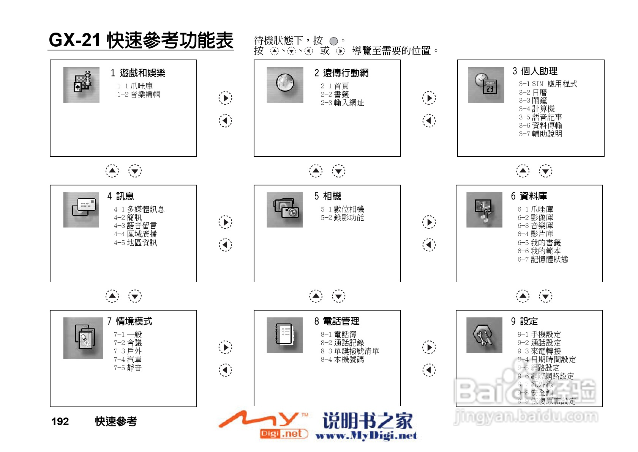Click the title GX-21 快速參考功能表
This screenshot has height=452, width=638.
click(x=141, y=40)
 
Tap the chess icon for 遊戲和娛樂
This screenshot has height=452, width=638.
click(x=81, y=85)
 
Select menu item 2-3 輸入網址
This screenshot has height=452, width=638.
click(x=342, y=103)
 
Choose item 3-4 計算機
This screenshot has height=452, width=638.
click(x=537, y=109)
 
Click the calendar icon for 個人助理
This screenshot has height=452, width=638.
click(x=486, y=85)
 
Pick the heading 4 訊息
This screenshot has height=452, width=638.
click(x=120, y=196)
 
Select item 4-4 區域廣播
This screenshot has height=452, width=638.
click(x=135, y=234)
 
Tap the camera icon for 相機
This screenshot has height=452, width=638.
click(x=285, y=209)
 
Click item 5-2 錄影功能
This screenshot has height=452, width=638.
click(x=342, y=218)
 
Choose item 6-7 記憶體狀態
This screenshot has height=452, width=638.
click(x=543, y=259)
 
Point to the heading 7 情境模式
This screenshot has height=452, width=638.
click(x=129, y=321)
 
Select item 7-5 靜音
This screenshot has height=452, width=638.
click(x=128, y=368)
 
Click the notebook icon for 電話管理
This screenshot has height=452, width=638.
click(x=285, y=335)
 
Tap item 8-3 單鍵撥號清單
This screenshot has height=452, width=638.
click(x=350, y=351)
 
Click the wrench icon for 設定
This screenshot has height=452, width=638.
click(x=484, y=335)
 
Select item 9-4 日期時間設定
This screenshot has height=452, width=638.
click(x=546, y=359)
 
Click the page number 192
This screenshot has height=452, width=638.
click(x=60, y=421)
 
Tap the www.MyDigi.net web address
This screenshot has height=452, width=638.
click(x=366, y=436)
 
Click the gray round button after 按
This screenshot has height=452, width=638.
click(x=333, y=41)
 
